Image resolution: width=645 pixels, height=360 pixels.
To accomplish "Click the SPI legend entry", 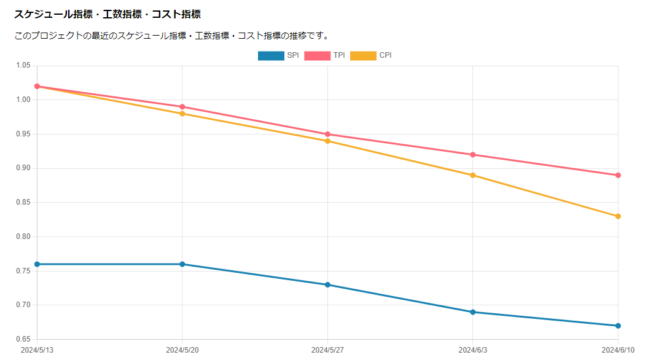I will (x=279, y=55).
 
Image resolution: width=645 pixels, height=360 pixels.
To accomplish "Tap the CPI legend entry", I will (x=371, y=55).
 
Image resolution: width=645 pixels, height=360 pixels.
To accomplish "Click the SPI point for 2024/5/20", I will (x=182, y=264).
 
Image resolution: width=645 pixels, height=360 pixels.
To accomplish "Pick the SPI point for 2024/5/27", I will (x=327, y=284).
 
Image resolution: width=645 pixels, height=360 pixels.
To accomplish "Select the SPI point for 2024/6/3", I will (x=473, y=312).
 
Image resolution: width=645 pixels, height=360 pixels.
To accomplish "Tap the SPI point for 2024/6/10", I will (x=618, y=326).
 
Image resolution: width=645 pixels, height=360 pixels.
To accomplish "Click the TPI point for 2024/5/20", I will (x=182, y=107).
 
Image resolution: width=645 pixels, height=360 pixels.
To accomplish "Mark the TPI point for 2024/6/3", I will (x=473, y=155).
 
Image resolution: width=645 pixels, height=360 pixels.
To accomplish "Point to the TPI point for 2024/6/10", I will (x=618, y=175).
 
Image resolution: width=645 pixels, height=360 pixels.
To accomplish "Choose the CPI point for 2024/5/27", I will (x=327, y=141).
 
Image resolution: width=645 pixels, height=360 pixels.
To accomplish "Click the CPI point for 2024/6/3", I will (x=473, y=175).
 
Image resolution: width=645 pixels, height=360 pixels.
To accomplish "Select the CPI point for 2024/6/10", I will (x=618, y=216).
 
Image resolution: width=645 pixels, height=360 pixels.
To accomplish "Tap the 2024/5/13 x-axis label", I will (x=37, y=350).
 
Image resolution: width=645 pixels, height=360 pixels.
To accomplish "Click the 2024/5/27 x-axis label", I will (x=327, y=350).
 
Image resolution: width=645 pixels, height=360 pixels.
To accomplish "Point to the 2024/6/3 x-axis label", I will (x=473, y=350).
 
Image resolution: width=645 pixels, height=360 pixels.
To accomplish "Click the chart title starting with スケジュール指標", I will (x=107, y=14).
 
